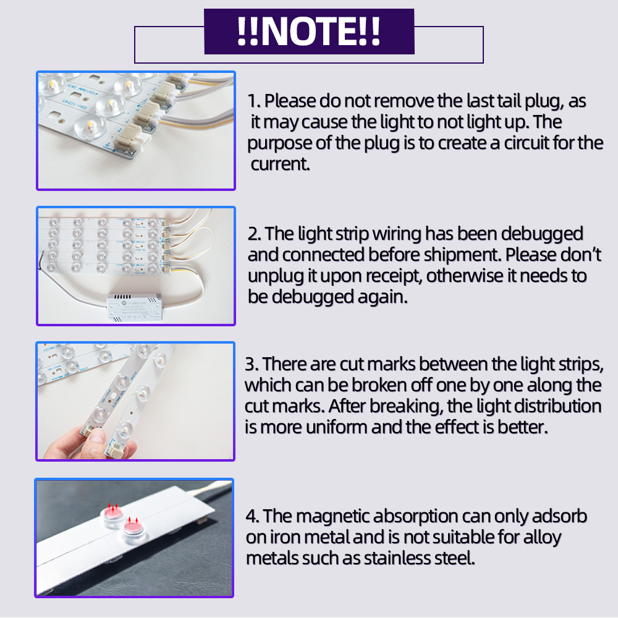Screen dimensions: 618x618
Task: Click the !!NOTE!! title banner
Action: click(x=309, y=31)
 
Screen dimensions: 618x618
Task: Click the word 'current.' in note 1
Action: click(x=280, y=164)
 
